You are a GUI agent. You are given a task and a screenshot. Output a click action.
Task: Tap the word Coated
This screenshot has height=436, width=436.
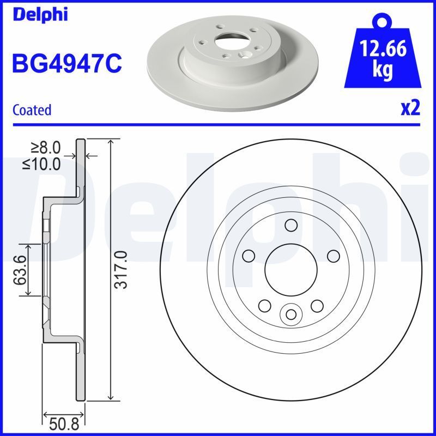[32, 110]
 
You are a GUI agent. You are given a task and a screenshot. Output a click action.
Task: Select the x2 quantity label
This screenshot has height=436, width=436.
[410, 108]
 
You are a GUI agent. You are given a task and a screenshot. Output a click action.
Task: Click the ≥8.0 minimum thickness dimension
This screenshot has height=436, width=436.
[46, 148]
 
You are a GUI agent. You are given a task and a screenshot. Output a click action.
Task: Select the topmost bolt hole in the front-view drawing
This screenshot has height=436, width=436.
[290, 225]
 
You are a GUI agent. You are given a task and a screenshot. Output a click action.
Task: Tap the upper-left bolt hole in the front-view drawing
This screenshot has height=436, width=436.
[249, 255]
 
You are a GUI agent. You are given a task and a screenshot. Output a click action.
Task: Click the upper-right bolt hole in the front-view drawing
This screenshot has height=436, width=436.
[332, 255]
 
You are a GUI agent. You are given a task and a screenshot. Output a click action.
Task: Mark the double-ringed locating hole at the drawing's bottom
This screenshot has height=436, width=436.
[290, 314]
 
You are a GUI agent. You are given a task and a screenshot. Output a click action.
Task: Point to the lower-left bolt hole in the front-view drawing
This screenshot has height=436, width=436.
[265, 306]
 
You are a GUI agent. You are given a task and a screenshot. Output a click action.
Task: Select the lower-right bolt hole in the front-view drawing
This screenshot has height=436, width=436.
[317, 306]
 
